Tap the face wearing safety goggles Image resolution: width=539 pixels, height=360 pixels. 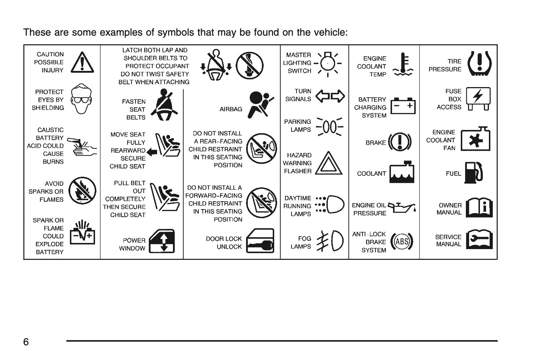[x=81, y=99]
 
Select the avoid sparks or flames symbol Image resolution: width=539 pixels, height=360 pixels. [x=82, y=191]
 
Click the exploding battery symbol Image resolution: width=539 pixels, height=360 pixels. [x=82, y=232]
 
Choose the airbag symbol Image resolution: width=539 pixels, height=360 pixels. [x=260, y=105]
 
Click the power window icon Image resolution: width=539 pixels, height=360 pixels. [x=162, y=241]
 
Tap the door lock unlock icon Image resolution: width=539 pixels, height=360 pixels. [x=260, y=241]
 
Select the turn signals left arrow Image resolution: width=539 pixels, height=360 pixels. [x=323, y=96]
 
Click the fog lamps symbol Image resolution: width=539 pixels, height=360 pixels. [x=330, y=241]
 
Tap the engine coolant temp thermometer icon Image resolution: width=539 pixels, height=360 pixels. [x=403, y=64]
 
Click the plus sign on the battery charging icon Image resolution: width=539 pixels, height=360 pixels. [x=410, y=105]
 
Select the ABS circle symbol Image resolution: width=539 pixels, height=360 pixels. [x=402, y=241]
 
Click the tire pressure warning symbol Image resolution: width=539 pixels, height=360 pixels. [x=480, y=64]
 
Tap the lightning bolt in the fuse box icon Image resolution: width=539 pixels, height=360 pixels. [x=478, y=96]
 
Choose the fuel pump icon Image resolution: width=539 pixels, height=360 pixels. [x=473, y=172]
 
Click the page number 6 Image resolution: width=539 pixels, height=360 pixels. [x=26, y=342]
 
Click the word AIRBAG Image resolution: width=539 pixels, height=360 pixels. [x=231, y=109]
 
